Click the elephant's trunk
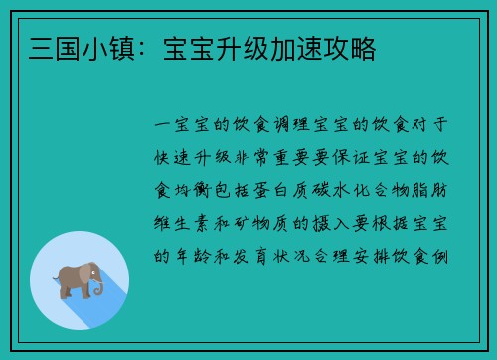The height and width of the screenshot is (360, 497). (x=98, y=287)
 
